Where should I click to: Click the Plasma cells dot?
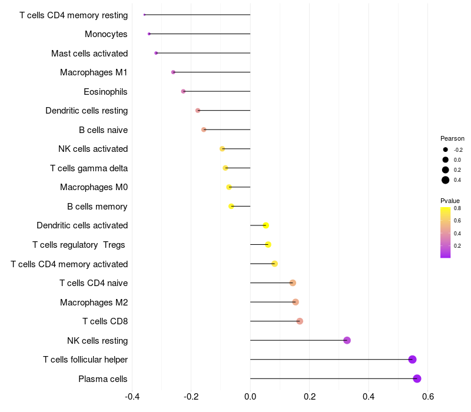tap(417, 378)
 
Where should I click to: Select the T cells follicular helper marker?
tap(412, 360)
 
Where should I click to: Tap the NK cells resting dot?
tap(347, 340)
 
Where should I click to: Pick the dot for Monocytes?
tap(149, 34)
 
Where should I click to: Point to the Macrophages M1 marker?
tap(173, 72)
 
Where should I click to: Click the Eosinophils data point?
tap(183, 91)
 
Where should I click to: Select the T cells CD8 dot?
tap(300, 321)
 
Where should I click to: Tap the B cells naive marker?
tap(204, 129)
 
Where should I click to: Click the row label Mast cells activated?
tap(89, 54)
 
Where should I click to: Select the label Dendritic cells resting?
tap(87, 111)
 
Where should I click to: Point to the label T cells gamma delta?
tap(89, 168)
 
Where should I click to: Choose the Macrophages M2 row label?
tap(94, 303)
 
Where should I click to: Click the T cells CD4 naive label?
tap(94, 283)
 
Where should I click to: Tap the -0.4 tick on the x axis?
tap(132, 397)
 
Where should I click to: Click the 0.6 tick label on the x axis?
tap(428, 397)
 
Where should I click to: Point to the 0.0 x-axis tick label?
tap(250, 397)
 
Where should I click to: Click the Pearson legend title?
tap(452, 138)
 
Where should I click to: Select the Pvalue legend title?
tap(450, 201)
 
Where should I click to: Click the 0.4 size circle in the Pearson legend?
tap(446, 180)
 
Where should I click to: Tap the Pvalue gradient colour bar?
tap(446, 232)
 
